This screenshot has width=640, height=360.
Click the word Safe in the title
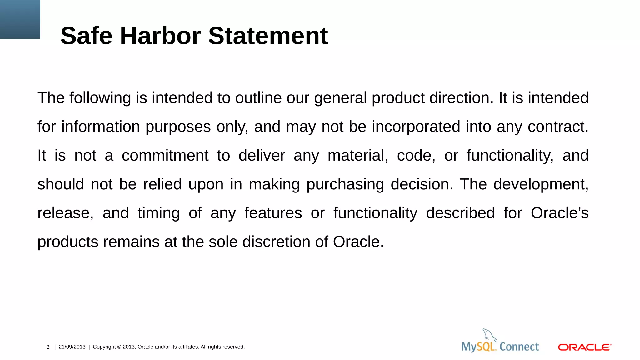click(86, 36)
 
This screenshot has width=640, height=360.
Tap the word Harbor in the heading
click(160, 36)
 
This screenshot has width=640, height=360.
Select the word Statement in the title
click(268, 36)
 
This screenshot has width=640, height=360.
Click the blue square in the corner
click(20, 19)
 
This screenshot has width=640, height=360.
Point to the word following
click(100, 98)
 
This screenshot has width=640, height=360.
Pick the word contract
click(558, 127)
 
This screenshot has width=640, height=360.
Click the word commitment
click(165, 156)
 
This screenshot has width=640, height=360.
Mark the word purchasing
click(345, 184)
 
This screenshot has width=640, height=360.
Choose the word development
click(541, 184)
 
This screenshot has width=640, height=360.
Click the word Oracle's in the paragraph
click(559, 213)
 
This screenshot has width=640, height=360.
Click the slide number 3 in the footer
click(48, 347)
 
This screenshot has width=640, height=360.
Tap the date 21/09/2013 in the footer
click(72, 347)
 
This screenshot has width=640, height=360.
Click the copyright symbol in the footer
click(119, 347)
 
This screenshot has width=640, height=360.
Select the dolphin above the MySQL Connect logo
click(489, 335)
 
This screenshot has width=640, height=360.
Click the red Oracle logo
click(584, 347)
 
